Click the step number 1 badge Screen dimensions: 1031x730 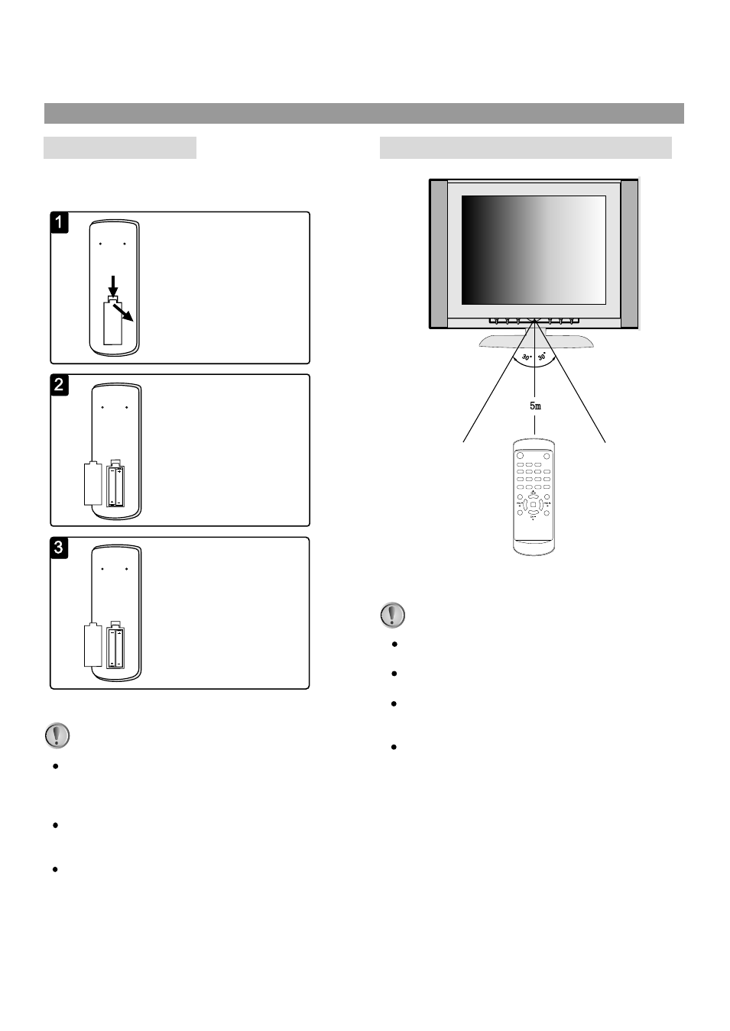tap(60, 222)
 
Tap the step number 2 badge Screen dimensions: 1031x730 tap(60, 385)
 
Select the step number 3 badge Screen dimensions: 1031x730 tap(60, 548)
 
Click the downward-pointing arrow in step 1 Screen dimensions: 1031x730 tap(113, 286)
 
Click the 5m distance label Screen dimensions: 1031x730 tap(535, 406)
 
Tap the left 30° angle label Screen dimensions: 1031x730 tap(526, 357)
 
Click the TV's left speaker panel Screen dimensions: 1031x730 tap(438, 253)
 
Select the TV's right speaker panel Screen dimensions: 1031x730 tap(629, 253)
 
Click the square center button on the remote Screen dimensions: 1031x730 tap(533, 505)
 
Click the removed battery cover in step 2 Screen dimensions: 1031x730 tap(92, 483)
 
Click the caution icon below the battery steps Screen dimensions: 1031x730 tap(57, 735)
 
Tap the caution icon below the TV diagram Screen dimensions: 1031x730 tap(393, 615)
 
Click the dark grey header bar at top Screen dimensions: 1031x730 tap(364, 113)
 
